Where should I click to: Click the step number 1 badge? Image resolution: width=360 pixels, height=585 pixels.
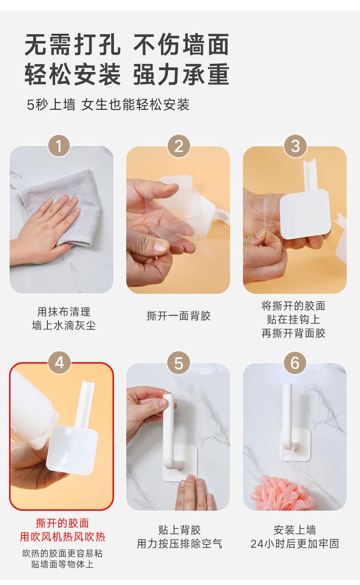click(x=59, y=146)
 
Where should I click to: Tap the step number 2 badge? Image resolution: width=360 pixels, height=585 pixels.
click(x=179, y=146)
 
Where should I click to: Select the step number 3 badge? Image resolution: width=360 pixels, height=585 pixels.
click(x=295, y=146)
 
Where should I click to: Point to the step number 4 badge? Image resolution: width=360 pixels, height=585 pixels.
click(x=60, y=363)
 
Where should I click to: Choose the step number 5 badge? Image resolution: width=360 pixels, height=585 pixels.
click(x=179, y=363)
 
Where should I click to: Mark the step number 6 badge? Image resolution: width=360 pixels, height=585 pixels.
click(x=295, y=363)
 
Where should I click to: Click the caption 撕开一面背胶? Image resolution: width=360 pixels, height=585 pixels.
click(x=179, y=316)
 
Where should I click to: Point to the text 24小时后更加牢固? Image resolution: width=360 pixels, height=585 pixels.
click(x=295, y=544)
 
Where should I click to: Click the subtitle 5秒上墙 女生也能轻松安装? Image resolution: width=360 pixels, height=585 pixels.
click(x=108, y=105)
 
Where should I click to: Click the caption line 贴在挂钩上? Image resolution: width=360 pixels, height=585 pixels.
click(x=293, y=319)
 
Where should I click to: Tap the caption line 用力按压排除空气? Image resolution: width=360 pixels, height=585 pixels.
click(x=180, y=544)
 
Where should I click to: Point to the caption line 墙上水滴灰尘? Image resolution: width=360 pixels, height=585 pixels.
click(x=64, y=325)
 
